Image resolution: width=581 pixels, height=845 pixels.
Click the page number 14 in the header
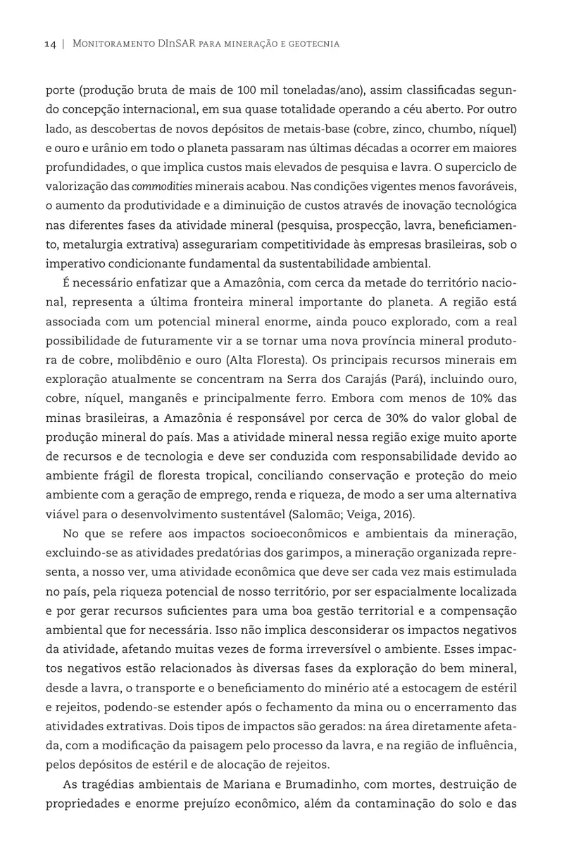[x=50, y=44]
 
